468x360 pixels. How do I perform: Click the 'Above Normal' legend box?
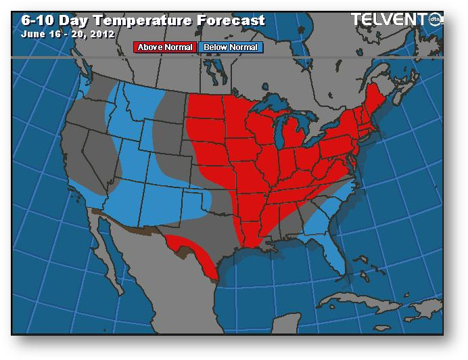pyautogui.click(x=165, y=47)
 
